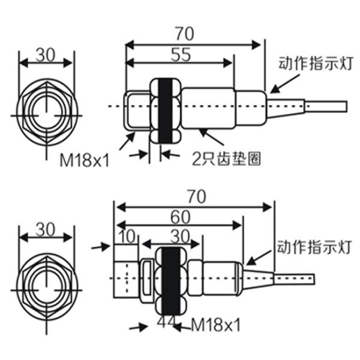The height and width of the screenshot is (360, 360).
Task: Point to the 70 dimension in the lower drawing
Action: pyautogui.click(x=195, y=196)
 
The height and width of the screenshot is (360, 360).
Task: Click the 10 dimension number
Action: pyautogui.click(x=126, y=236)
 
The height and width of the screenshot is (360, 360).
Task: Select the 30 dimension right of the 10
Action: pyautogui.click(x=175, y=236)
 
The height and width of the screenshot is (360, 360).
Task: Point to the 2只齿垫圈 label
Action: pyautogui.click(x=226, y=160)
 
